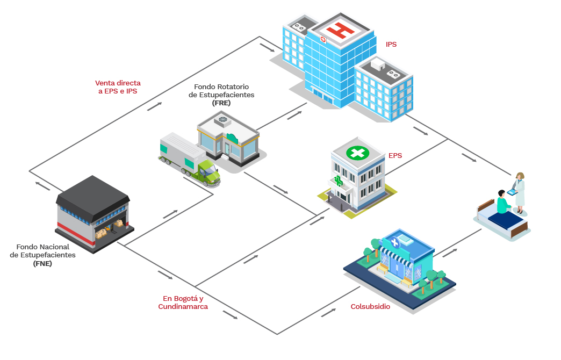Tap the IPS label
391,44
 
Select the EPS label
395,156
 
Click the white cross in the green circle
357,153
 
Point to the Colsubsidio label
370,307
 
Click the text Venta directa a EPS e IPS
118,87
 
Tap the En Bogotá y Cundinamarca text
183,303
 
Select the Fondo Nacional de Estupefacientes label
42,255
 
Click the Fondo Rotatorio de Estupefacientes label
221,95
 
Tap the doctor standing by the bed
519,191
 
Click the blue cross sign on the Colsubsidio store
395,242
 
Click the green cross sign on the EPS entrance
339,181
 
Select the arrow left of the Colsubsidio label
329,313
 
